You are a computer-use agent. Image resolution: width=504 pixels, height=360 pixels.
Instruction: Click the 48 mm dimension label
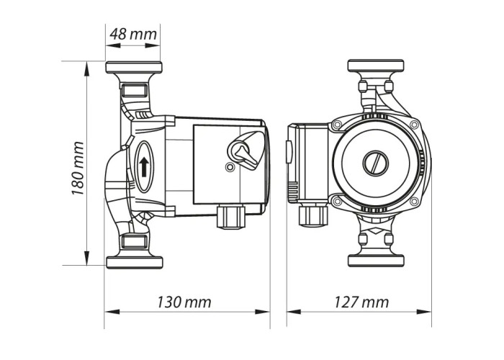133,34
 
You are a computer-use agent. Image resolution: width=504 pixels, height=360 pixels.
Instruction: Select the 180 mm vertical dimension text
78,168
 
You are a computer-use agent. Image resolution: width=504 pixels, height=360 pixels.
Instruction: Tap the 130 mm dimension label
184,302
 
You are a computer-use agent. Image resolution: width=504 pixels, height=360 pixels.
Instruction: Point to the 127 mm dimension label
361,302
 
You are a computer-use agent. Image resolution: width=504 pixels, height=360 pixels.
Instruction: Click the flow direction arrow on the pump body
144,166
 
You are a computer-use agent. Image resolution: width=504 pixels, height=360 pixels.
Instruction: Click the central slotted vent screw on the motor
376,163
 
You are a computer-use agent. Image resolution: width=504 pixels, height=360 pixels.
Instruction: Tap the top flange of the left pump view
134,67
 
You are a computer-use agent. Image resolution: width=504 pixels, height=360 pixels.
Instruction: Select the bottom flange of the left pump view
135,263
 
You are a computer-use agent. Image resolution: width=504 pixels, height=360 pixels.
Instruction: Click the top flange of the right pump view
376,66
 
